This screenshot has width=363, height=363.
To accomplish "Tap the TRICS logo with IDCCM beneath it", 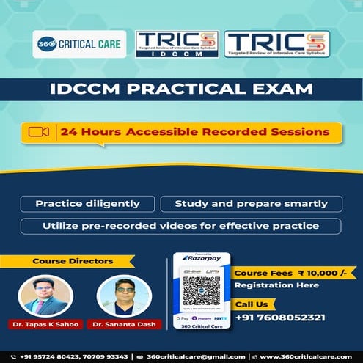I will click(176, 44).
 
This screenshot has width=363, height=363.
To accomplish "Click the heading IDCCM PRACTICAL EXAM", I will click(181, 90).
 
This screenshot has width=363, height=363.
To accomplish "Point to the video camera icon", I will click(38, 132).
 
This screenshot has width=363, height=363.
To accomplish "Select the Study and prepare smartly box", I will click(249, 204).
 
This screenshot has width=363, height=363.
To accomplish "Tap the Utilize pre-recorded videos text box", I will click(181, 226).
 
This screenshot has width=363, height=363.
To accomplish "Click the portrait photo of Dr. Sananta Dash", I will click(118, 295).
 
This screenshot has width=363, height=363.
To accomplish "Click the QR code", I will click(201, 290).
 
